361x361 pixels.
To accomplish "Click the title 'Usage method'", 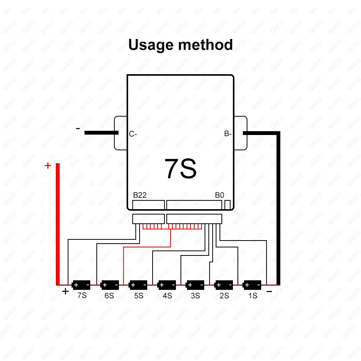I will (x=180, y=45).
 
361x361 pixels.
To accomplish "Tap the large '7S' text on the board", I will (x=180, y=169).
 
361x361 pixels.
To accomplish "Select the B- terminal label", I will (x=228, y=134).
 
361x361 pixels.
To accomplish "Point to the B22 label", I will (x=140, y=195).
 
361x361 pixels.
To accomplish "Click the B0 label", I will (x=219, y=195).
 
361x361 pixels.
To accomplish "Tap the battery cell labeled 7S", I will (x=81, y=285).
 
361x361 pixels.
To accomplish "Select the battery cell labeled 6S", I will (x=110, y=285).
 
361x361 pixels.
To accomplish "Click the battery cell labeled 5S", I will (x=138, y=285).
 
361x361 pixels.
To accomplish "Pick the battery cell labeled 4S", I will (x=167, y=285).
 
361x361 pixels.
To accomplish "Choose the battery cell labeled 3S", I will (x=195, y=285).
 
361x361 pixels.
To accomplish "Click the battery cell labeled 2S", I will (x=224, y=285).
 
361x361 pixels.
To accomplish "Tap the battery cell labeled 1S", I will (x=252, y=285).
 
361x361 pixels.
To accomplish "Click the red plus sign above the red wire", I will (x=48, y=166).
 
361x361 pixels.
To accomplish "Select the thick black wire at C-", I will (x=101, y=133).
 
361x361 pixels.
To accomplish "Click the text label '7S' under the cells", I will (x=82, y=296).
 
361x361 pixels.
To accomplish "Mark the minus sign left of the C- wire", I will (x=78, y=128).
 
